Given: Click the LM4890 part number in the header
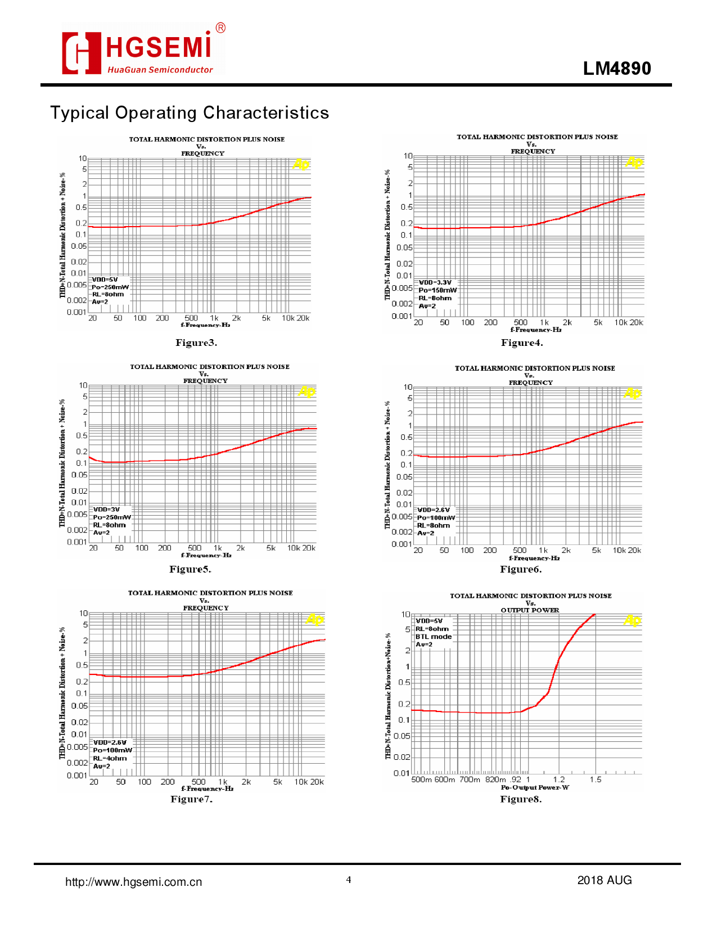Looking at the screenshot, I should [x=617, y=68].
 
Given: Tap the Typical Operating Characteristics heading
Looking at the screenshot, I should [x=190, y=112].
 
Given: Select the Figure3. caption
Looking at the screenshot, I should [x=196, y=343].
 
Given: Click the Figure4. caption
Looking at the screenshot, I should [x=522, y=343].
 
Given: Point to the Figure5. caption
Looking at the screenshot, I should [x=190, y=569].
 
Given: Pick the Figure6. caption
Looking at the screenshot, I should [x=521, y=569].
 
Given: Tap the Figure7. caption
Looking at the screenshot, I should [x=191, y=799].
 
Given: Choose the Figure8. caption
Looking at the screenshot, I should [x=521, y=799].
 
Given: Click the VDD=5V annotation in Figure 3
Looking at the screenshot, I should [x=105, y=280].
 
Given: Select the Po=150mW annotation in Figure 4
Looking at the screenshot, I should [x=438, y=290].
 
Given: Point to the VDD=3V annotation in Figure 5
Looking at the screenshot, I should [x=106, y=510].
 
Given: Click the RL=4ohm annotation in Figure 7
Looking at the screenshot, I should [x=110, y=758].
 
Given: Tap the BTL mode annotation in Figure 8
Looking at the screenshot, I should [x=434, y=637].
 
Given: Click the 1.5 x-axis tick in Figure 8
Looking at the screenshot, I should [x=596, y=780].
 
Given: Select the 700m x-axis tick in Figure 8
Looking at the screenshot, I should [x=470, y=780].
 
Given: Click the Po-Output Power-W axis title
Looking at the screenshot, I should [x=535, y=787].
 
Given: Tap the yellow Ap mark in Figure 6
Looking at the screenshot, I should [x=632, y=393].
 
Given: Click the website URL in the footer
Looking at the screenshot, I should [x=134, y=882].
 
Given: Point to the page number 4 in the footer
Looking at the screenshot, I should [x=349, y=880].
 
